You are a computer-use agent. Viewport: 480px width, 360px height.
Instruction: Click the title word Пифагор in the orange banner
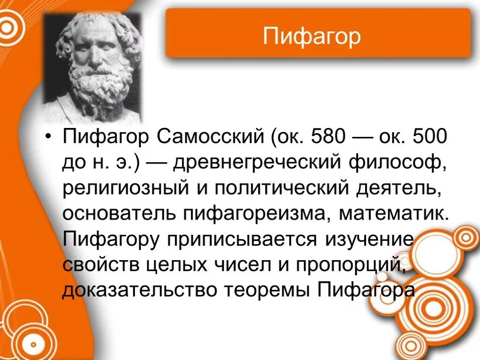coord(312,36)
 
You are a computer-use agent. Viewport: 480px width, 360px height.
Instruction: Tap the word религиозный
coord(123,188)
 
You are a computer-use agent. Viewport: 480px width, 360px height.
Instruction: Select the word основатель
coord(119,214)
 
